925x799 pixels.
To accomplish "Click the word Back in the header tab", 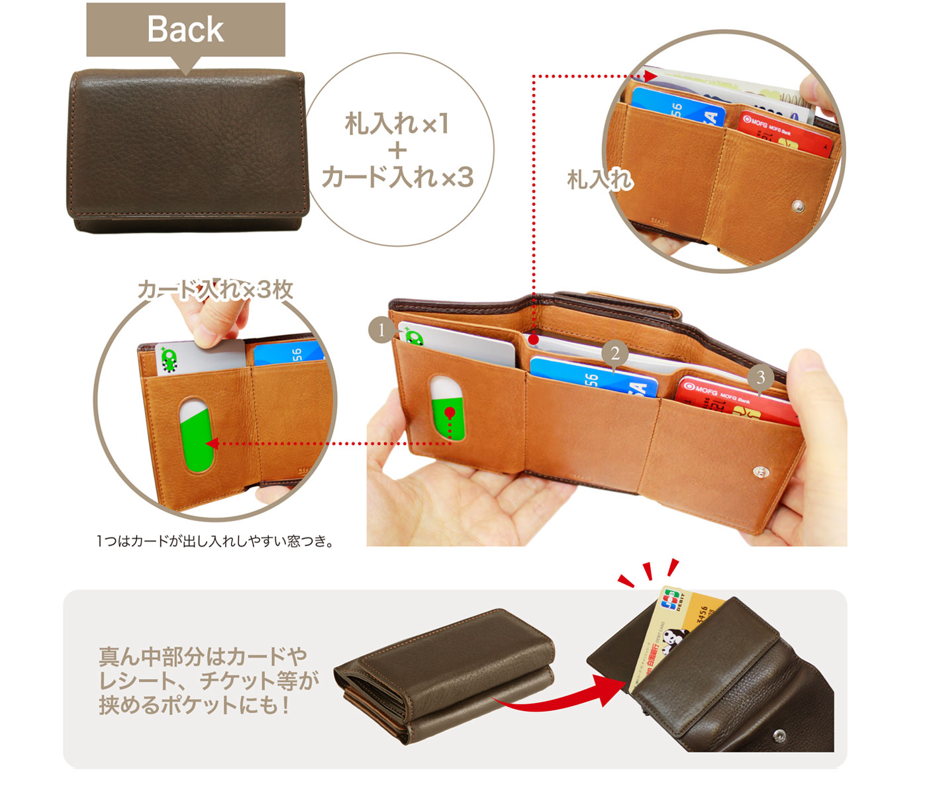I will (x=185, y=30).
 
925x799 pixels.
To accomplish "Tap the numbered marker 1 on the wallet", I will (x=381, y=329).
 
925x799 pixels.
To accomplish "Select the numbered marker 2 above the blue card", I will (x=615, y=353).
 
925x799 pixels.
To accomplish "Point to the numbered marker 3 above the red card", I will (x=760, y=377).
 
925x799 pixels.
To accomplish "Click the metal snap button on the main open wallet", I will (x=761, y=472).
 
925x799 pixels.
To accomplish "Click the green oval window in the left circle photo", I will (x=197, y=436).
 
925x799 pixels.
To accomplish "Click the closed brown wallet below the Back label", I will (x=187, y=151).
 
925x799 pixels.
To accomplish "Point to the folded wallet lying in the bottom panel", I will (x=444, y=675).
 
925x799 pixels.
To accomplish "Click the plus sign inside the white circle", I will (x=397, y=150).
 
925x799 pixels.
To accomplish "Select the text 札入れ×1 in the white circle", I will (x=397, y=124).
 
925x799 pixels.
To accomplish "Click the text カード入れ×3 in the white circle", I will (x=397, y=177).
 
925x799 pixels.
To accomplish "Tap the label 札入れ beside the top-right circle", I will (x=600, y=179).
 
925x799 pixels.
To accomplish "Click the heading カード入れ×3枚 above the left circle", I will (x=215, y=290).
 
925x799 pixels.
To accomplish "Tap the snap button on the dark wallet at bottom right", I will (x=779, y=734).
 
